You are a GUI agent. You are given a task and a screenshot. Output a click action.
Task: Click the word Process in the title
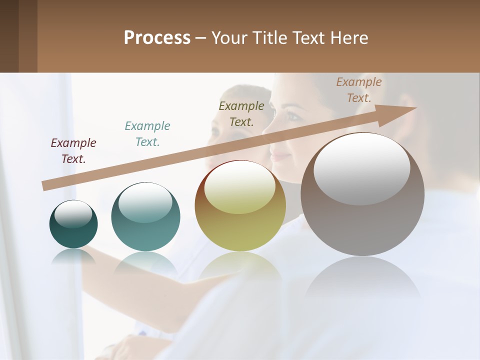pyautogui.click(x=157, y=38)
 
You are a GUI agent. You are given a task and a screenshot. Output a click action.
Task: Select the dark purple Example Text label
pyautogui.click(x=73, y=151)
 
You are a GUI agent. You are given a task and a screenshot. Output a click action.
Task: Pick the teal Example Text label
pyautogui.click(x=147, y=134)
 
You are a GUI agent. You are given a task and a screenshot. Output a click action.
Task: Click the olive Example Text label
pyautogui.click(x=241, y=114)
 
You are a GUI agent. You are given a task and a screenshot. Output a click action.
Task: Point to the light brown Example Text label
pyautogui.click(x=359, y=90)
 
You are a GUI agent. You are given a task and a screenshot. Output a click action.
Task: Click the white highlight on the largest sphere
pyautogui.click(x=362, y=169)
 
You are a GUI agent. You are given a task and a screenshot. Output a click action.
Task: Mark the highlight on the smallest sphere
pyautogui.click(x=73, y=214)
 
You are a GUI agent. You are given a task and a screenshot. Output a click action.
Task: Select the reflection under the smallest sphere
pyautogui.click(x=73, y=256)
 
